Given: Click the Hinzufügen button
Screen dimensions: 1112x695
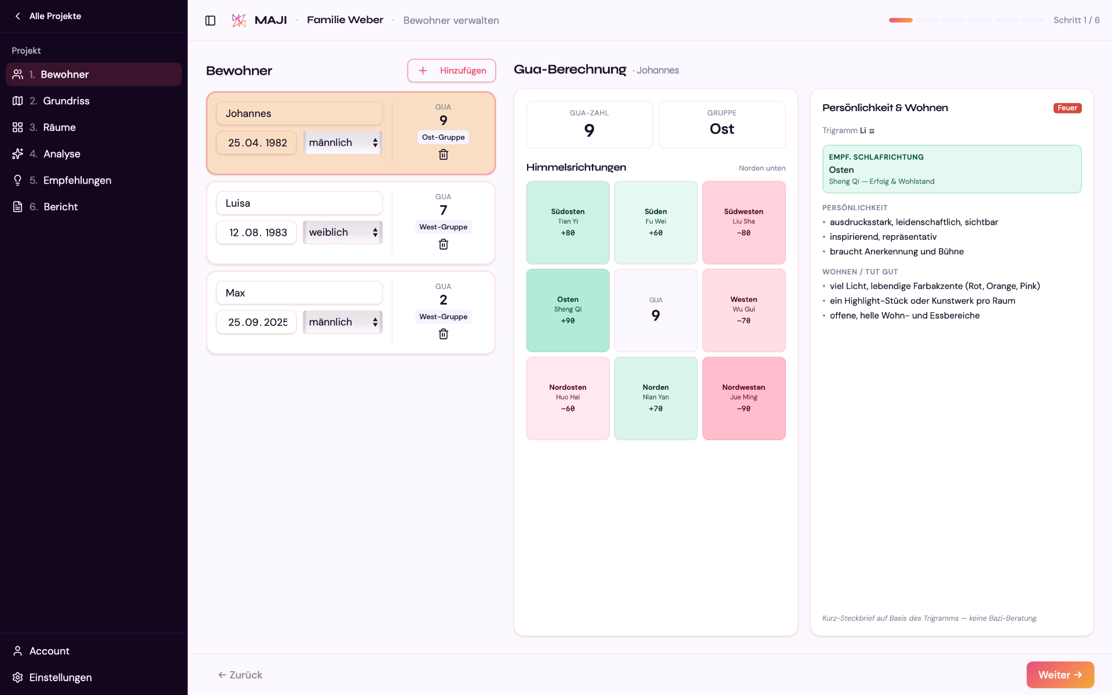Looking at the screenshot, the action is pyautogui.click(x=451, y=71).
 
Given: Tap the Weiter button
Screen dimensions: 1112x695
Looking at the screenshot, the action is pyautogui.click(x=1060, y=675).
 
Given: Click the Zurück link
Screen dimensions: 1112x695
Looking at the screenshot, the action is pyautogui.click(x=240, y=675).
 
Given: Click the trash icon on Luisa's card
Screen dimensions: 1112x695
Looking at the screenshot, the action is pyautogui.click(x=443, y=244).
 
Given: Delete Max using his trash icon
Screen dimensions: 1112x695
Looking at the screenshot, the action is pyautogui.click(x=443, y=334).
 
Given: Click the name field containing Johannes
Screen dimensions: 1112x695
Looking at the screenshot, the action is pyautogui.click(x=299, y=114).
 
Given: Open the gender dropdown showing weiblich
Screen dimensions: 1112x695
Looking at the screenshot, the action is pyautogui.click(x=343, y=232).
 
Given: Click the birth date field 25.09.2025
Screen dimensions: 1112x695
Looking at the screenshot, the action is pyautogui.click(x=257, y=322).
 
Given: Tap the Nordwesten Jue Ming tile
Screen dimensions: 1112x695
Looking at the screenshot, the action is pyautogui.click(x=744, y=398).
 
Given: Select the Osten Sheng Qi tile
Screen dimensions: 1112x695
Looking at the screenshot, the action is pyautogui.click(x=568, y=310).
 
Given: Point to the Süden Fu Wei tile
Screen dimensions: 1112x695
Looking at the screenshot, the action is pyautogui.click(x=656, y=222).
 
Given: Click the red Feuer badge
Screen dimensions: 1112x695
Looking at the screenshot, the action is pyautogui.click(x=1067, y=108).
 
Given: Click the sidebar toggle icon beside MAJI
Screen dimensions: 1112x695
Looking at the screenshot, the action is pyautogui.click(x=210, y=20).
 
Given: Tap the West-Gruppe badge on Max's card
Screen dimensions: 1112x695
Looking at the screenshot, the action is pyautogui.click(x=443, y=317).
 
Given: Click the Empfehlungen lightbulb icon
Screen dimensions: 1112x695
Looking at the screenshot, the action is pyautogui.click(x=18, y=180).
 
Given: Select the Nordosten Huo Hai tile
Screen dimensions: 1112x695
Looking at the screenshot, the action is pyautogui.click(x=568, y=398).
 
